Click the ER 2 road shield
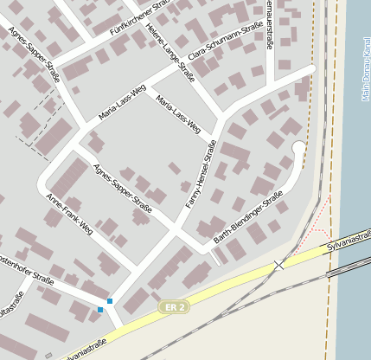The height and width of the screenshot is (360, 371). coord(173,307)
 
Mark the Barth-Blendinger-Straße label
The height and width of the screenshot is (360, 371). coord(251,217)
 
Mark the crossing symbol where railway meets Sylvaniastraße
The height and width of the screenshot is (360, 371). coord(278,265)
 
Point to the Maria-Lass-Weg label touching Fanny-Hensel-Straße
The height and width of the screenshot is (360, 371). coord(183,116)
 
